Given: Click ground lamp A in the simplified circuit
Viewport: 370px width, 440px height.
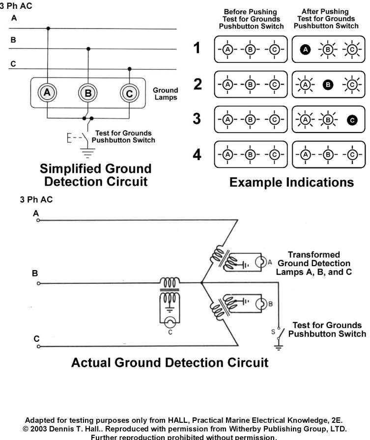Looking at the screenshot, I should tap(47, 92).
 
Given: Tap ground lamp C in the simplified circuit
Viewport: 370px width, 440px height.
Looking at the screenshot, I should tap(129, 93).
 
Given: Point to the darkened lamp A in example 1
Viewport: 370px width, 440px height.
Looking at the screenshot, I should tap(305, 49).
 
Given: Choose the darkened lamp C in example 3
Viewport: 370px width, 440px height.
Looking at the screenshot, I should tap(351, 119).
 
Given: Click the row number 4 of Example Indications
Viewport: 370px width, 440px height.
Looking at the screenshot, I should tap(197, 155).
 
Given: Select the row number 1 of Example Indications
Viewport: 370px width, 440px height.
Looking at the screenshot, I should tap(197, 49).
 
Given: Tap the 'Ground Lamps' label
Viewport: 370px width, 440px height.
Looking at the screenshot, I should tap(165, 94).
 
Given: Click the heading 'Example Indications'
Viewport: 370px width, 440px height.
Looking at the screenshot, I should tap(291, 183).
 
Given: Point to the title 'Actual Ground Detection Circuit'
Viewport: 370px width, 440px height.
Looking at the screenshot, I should tap(170, 363).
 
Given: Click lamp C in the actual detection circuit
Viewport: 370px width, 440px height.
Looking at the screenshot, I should tap(170, 323).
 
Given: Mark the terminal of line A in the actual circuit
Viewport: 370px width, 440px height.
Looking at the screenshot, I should tap(37, 220).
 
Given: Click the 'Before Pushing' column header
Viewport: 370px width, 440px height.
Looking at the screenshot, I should tap(250, 19).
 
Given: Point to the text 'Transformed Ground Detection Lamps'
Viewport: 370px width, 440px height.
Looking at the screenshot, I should tap(314, 263).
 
